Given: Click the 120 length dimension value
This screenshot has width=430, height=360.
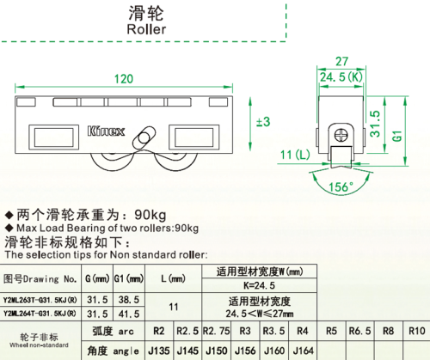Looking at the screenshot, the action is tap(124, 79).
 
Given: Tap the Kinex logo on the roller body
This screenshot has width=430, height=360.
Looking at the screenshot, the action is tap(106, 131).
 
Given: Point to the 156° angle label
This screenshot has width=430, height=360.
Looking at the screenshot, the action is tap(341, 187).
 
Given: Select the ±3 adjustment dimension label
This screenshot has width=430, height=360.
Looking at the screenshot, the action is tap(263, 121).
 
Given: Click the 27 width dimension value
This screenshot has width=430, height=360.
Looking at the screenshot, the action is tap(341, 61).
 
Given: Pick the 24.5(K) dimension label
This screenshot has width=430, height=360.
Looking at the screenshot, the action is tap(341, 77).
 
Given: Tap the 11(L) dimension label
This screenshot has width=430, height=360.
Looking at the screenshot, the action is tap(295, 155).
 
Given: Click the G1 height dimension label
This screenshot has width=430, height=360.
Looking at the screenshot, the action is tap(397, 136).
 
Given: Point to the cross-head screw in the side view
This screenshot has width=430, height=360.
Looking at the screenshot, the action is tap(341, 135).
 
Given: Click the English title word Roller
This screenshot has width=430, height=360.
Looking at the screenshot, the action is tap(146, 29).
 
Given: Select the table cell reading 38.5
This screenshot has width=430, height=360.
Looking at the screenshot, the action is tap(129, 300).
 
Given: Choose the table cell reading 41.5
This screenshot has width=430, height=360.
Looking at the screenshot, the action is tap(129, 314).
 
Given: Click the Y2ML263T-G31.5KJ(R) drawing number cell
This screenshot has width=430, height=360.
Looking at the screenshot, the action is tap(40, 300).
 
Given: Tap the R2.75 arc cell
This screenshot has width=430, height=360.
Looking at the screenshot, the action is tap(217, 331).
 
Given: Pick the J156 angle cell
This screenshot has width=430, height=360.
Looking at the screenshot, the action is tap(245, 351).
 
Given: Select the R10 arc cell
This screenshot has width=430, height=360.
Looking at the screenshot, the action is tap(416, 331).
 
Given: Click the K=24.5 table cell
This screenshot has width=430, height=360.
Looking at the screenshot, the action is tap(259, 285).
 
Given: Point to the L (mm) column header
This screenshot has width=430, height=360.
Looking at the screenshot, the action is tap(173, 278).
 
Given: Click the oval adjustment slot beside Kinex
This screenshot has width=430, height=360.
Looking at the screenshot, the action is tap(144, 137).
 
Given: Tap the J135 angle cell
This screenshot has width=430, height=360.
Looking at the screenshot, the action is tap(159, 351).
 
